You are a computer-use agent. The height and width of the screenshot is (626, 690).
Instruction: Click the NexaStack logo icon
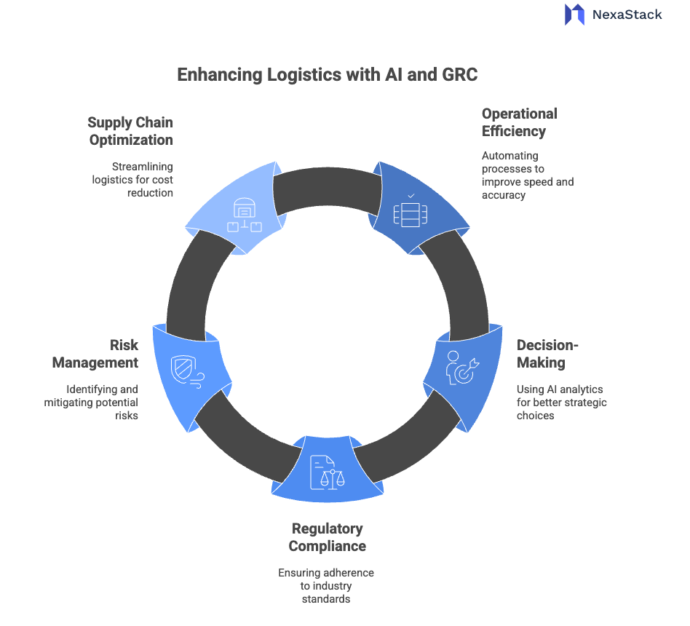[x=574, y=14]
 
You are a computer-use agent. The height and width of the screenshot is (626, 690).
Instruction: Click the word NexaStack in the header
[x=627, y=14]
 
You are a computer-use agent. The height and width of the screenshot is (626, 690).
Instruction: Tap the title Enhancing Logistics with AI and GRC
[x=328, y=74]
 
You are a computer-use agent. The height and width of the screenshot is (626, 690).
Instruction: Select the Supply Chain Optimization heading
[x=131, y=131]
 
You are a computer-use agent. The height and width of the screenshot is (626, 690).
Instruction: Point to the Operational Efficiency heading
[x=519, y=122]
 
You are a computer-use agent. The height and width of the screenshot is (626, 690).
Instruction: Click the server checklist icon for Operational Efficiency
[x=410, y=210]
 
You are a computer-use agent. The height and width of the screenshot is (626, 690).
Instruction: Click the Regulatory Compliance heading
[x=328, y=537]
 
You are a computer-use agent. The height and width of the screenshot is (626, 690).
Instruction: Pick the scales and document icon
[x=327, y=472]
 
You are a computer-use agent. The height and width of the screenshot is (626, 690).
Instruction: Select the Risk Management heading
[x=114, y=353]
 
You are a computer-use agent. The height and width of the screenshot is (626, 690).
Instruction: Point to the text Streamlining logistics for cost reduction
[x=132, y=179]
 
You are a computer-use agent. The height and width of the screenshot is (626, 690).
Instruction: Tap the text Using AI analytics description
[x=560, y=402]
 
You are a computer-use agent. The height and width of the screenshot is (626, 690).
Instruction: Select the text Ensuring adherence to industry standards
[x=326, y=585]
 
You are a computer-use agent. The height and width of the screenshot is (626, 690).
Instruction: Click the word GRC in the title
[x=459, y=74]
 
